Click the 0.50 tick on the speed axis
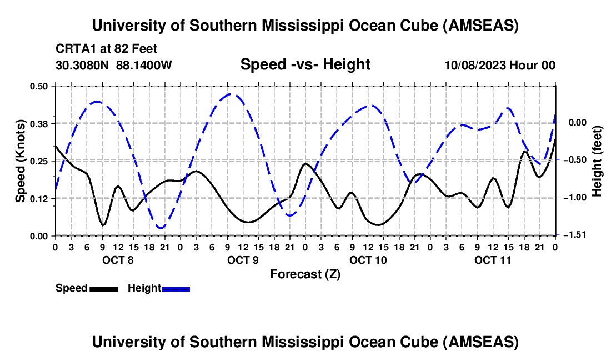[x=39, y=86]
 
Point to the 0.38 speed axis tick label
[x=39, y=123]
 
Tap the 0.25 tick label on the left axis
[x=39, y=161]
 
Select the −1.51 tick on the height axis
[x=572, y=235]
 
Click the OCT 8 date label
[x=118, y=260]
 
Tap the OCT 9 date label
[x=243, y=260]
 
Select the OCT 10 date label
[x=368, y=260]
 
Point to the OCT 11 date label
[x=493, y=260]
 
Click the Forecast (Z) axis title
[x=305, y=274]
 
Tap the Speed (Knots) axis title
[x=20, y=161]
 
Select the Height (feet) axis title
[x=597, y=161]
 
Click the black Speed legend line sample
[x=103, y=288]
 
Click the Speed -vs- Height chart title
[x=305, y=64]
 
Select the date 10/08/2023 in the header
[x=474, y=66]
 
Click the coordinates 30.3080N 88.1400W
[x=114, y=66]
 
